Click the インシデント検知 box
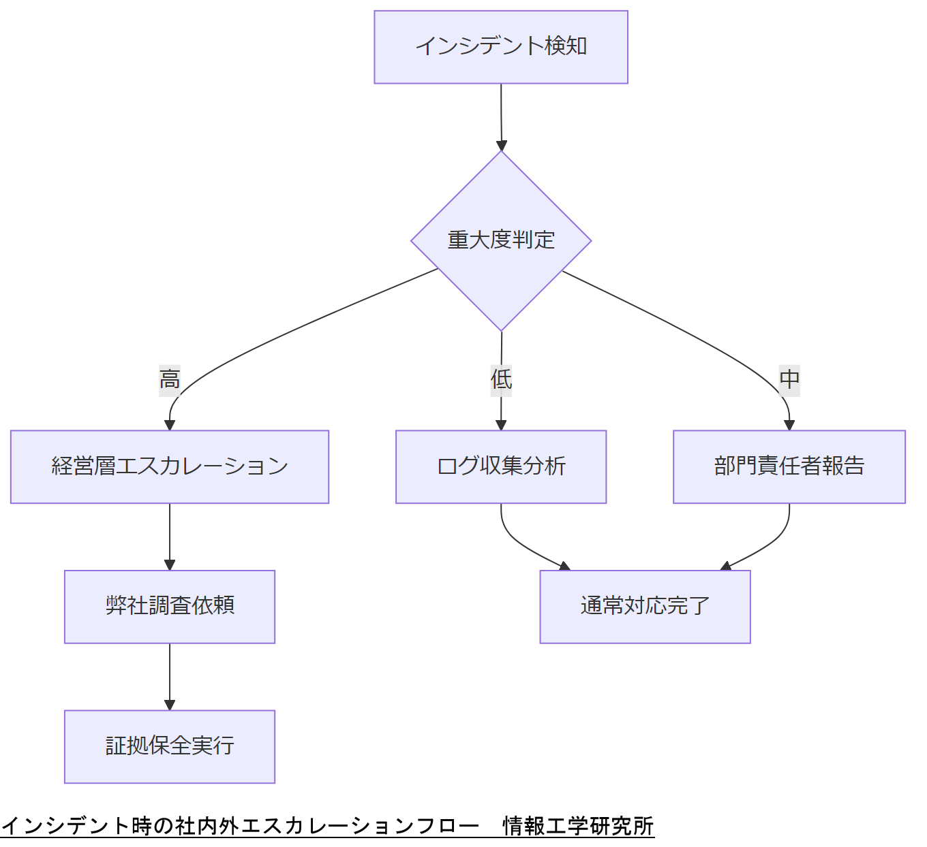(x=501, y=47)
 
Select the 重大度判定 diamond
(x=501, y=240)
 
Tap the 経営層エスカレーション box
(x=170, y=466)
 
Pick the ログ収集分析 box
(x=501, y=466)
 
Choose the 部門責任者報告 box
(x=789, y=466)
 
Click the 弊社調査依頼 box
(x=170, y=606)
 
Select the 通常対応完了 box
(x=645, y=606)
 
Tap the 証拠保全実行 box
(x=170, y=746)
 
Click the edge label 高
(x=170, y=379)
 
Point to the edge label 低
(x=501, y=379)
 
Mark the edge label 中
(x=789, y=379)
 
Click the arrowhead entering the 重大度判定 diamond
(x=502, y=146)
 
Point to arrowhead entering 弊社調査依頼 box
(x=170, y=564)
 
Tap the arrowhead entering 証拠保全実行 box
(x=170, y=705)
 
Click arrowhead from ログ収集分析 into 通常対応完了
(x=564, y=566)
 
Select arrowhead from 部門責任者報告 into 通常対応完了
(x=726, y=566)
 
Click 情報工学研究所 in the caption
(x=578, y=826)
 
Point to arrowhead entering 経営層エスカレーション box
(x=170, y=425)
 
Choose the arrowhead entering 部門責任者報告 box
(x=789, y=425)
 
